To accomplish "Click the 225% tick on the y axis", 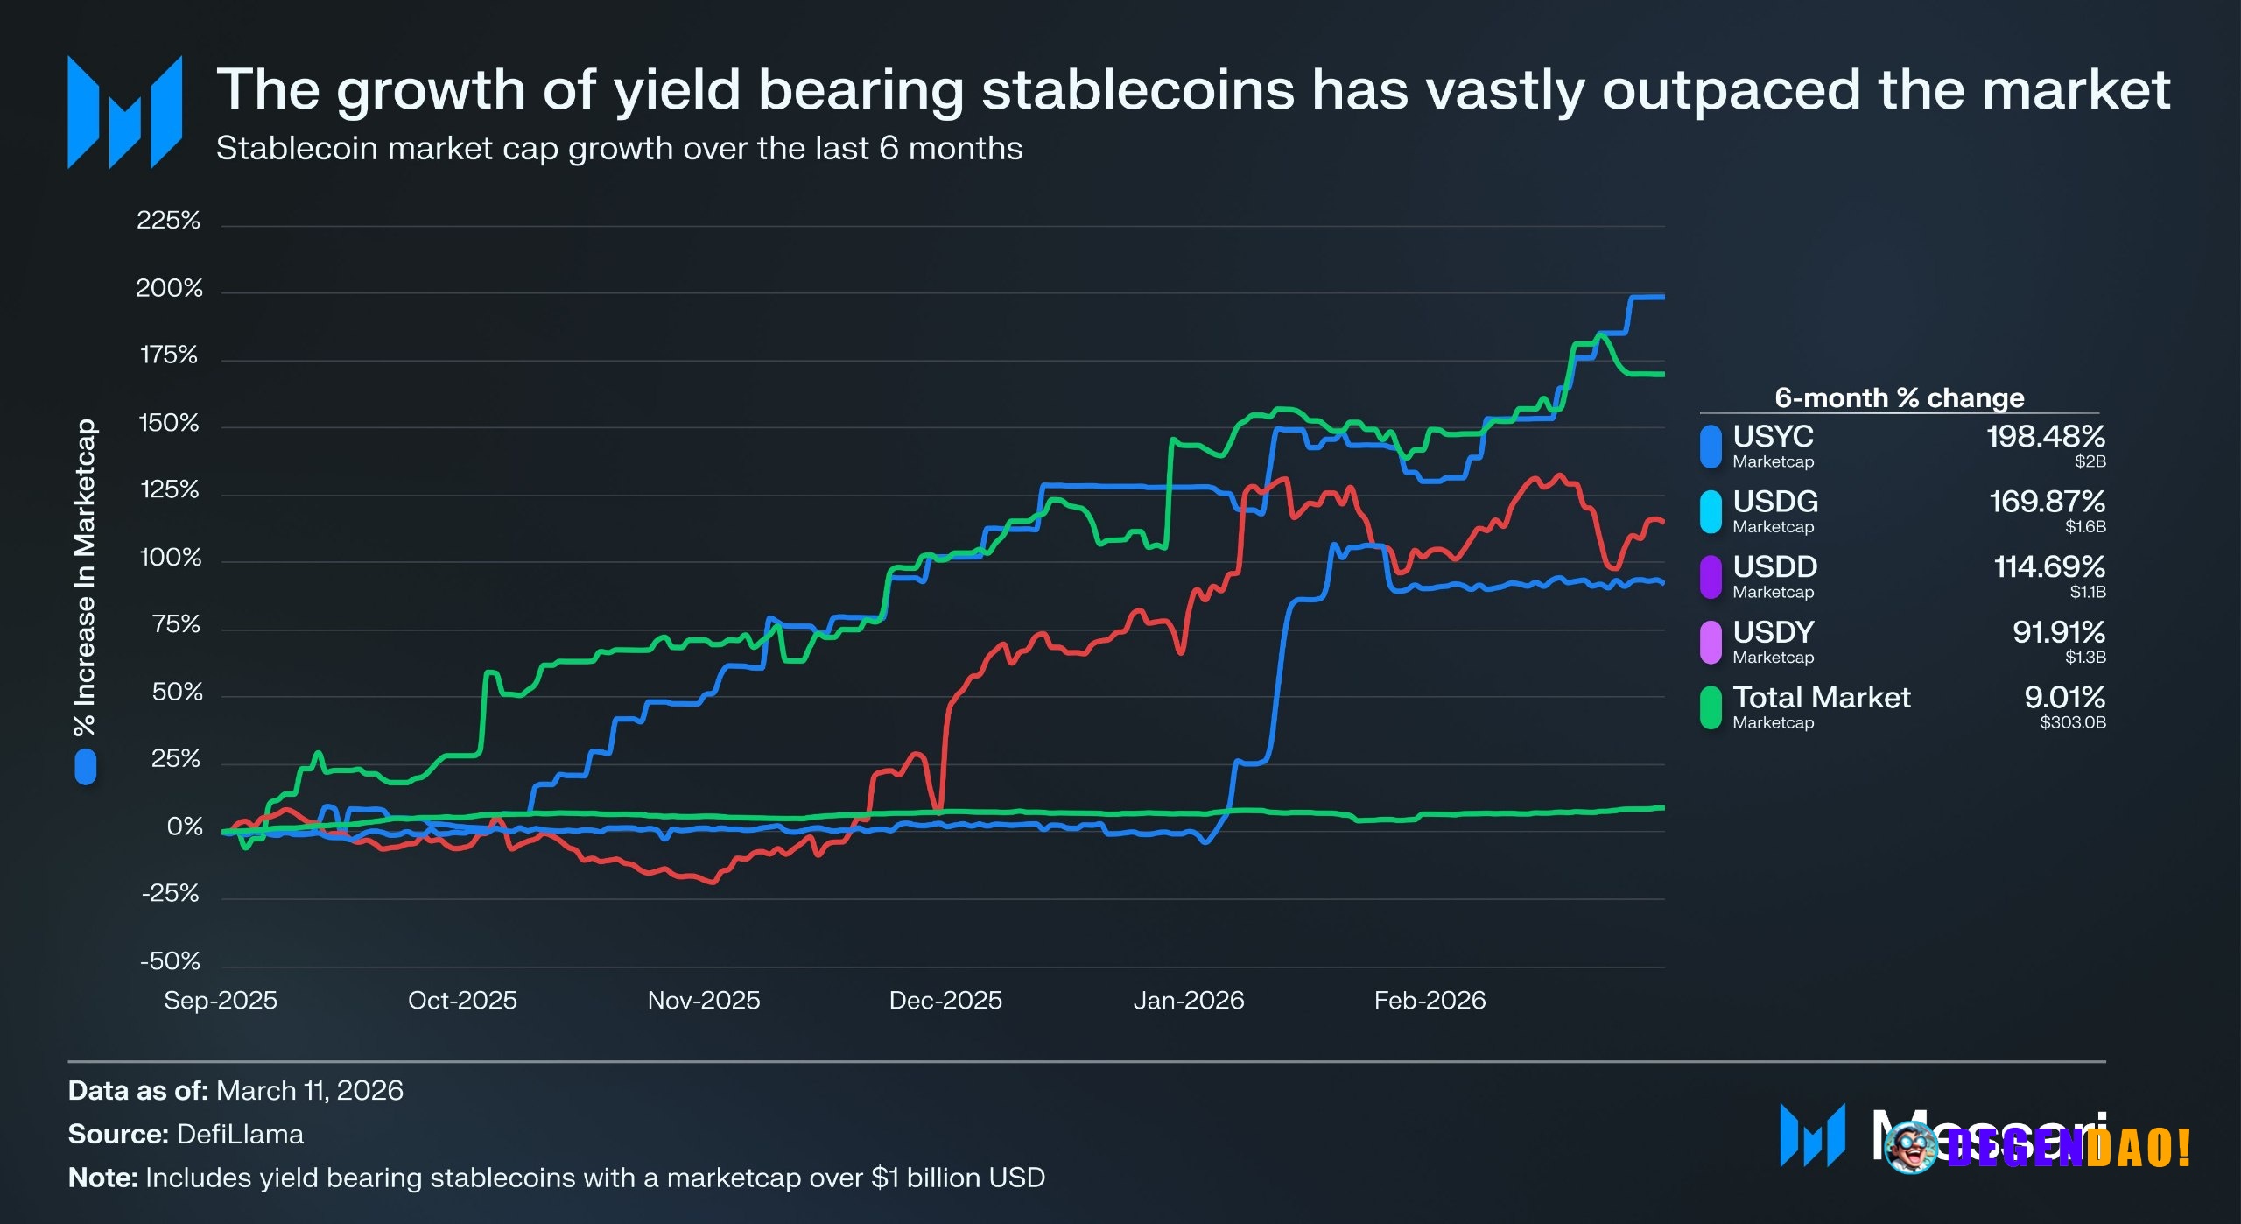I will [x=168, y=220].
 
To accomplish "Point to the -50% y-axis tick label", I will [x=170, y=961].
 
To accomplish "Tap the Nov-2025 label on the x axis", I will [x=704, y=1000].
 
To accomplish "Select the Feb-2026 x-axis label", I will [x=1430, y=1000].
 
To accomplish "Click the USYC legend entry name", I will [x=1773, y=436].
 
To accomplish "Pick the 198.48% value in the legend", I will [x=2045, y=436].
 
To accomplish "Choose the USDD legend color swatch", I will [x=1710, y=576].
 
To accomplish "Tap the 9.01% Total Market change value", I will [x=2063, y=697].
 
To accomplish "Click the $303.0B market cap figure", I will [x=2072, y=722].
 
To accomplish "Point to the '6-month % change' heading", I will [x=1899, y=397].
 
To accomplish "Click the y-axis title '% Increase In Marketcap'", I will [x=85, y=578].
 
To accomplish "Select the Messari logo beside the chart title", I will [x=124, y=112].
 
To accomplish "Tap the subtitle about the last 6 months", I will [x=619, y=148].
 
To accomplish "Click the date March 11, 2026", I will [x=309, y=1090].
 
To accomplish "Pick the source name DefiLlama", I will [x=240, y=1134].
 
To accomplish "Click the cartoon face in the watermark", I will [x=1911, y=1148].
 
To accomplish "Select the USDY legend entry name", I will [x=1773, y=631].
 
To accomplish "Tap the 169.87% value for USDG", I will [x=2046, y=501].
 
